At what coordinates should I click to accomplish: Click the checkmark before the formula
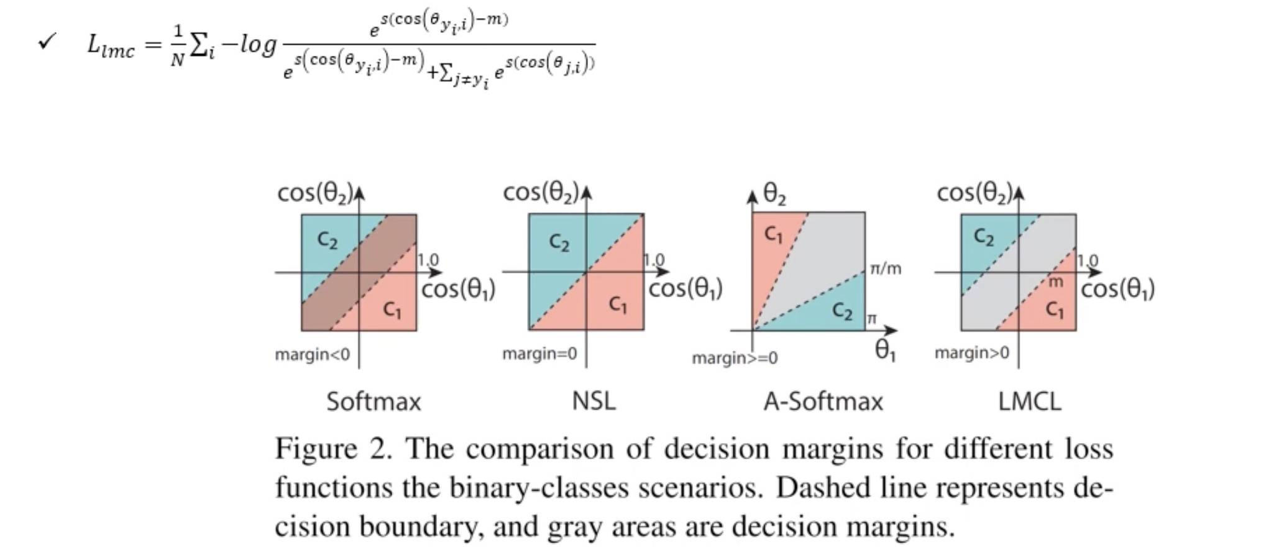(x=47, y=42)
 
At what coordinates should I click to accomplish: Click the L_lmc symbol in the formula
(x=111, y=46)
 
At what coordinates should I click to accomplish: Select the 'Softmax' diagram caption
(x=374, y=401)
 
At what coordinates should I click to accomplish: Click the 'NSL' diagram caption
(x=594, y=401)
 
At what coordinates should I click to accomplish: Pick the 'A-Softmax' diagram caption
(x=823, y=401)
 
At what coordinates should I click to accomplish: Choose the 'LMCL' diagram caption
(x=1029, y=401)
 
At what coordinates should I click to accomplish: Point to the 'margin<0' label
(x=312, y=355)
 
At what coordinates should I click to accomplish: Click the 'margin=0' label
(x=539, y=354)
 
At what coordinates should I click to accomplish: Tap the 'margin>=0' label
(x=735, y=358)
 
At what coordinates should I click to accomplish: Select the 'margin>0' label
(x=971, y=353)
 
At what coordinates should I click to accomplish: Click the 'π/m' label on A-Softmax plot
(x=886, y=269)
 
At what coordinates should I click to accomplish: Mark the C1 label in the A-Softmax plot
(x=773, y=234)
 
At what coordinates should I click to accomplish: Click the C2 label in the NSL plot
(x=559, y=242)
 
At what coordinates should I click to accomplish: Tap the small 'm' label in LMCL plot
(x=1056, y=282)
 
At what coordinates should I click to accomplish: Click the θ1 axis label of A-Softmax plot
(x=885, y=351)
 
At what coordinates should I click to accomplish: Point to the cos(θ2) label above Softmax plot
(x=315, y=193)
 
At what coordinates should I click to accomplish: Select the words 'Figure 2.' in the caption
(x=333, y=449)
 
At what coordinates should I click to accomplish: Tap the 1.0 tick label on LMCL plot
(x=1087, y=260)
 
